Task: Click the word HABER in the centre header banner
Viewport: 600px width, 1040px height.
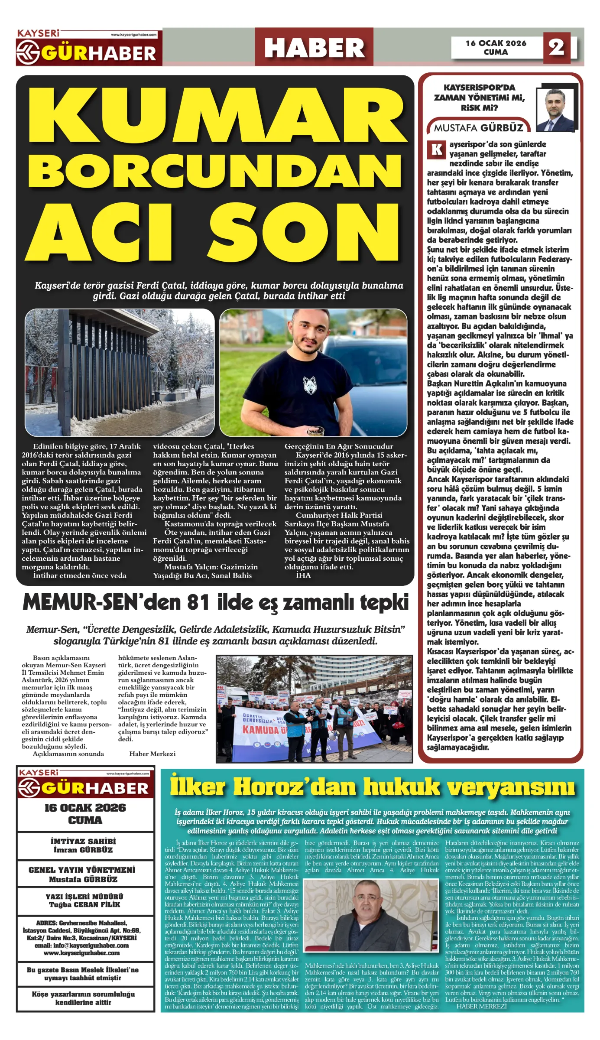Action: point(314,48)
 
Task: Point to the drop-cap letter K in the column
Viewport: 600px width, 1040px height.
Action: point(437,149)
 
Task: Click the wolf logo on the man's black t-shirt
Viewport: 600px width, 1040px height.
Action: point(310,385)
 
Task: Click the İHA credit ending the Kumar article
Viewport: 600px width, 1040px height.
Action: point(303,575)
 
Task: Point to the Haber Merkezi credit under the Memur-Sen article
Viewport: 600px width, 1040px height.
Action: point(152,754)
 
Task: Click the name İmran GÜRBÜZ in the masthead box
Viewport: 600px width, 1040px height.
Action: point(83,850)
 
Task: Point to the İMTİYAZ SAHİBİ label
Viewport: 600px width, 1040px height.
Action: point(83,841)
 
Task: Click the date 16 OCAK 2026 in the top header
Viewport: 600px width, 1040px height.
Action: point(496,43)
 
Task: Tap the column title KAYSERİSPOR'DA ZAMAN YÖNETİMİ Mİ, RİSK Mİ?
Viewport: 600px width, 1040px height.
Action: point(479,97)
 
